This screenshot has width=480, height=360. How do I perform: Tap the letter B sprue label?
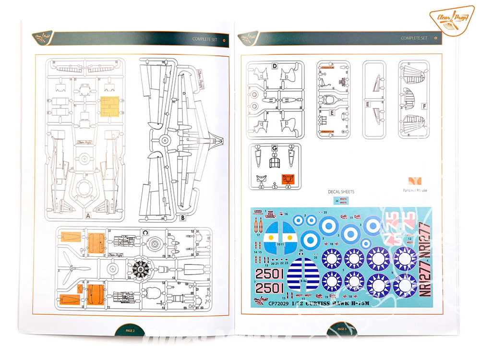183,217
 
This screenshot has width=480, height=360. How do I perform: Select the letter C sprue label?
145,232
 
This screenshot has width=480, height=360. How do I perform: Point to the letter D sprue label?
275,66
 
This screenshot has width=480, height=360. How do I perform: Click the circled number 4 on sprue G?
289,187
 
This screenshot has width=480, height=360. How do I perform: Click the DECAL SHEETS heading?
341,192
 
